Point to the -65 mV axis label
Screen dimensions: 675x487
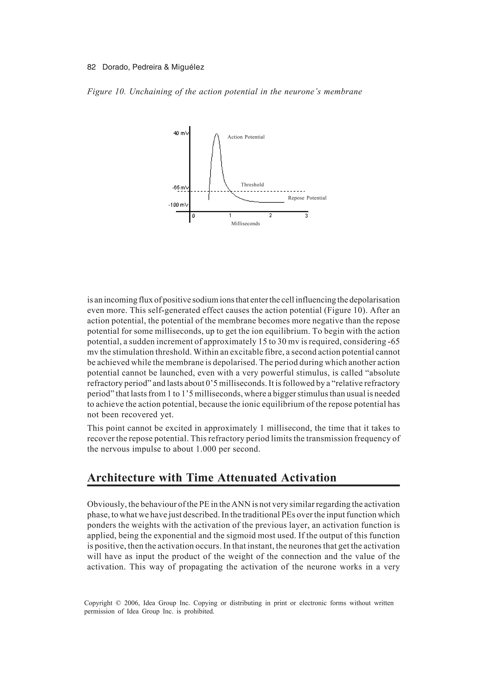click(180, 187)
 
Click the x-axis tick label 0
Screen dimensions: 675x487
click(194, 216)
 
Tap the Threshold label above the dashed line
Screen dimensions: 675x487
click(252, 185)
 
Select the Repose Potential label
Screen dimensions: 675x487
click(307, 198)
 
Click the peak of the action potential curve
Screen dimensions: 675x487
click(217, 134)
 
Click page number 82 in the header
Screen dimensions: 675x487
click(91, 67)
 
